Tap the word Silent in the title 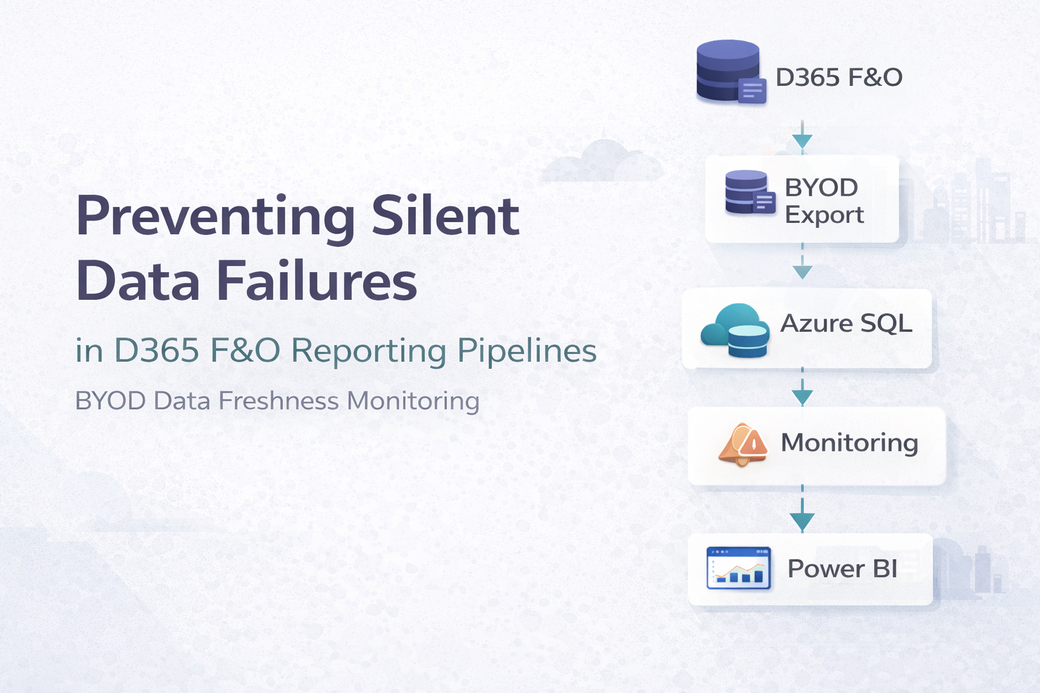(445, 217)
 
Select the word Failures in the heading (316, 281)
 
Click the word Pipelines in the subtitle (527, 351)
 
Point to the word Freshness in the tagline (278, 401)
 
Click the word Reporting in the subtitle (369, 351)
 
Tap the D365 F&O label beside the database (838, 78)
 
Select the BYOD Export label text (823, 201)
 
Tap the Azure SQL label (846, 323)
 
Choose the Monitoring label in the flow (849, 443)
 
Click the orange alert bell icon (743, 445)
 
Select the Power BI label (842, 569)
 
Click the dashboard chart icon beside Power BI (739, 568)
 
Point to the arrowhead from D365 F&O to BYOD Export (802, 141)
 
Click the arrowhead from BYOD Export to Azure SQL (802, 272)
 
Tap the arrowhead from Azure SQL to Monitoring (802, 397)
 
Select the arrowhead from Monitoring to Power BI (802, 522)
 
